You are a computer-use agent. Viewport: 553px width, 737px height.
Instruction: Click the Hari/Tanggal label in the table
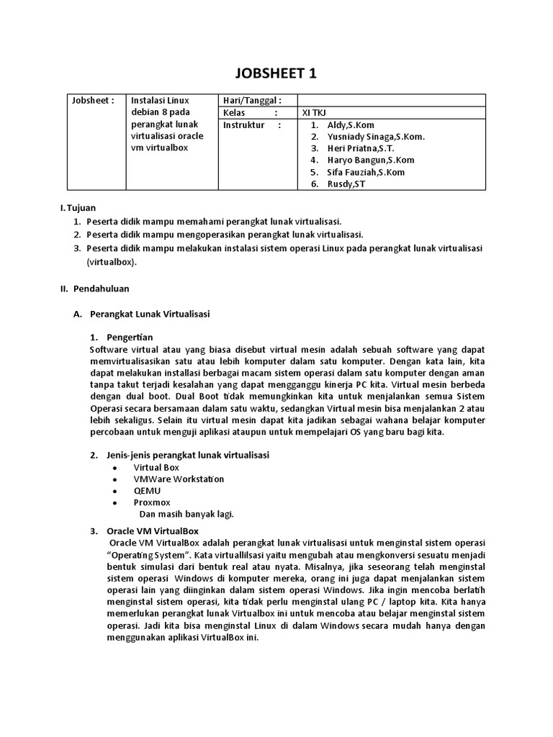(251, 101)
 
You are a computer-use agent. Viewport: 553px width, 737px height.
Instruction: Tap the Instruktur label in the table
(243, 125)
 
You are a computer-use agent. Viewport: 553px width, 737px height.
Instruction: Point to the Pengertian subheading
(130, 337)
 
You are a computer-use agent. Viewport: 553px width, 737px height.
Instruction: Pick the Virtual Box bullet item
(156, 467)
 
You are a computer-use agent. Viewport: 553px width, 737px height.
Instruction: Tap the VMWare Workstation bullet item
(179, 479)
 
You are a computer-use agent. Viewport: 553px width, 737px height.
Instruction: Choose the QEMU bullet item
(147, 490)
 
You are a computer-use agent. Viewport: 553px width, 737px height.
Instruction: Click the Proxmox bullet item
(152, 502)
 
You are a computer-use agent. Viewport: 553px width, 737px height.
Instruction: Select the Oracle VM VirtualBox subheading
(153, 531)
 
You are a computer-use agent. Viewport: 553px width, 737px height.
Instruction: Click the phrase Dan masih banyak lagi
(186, 514)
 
